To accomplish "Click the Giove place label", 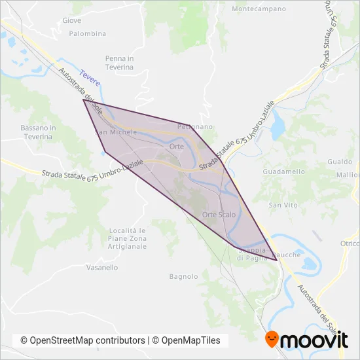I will pyautogui.click(x=71, y=20).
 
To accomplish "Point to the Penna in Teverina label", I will pyautogui.click(x=119, y=62).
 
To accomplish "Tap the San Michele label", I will pyautogui.click(x=116, y=132).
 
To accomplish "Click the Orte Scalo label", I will pyautogui.click(x=219, y=215).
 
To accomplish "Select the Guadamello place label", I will pyautogui.click(x=283, y=171).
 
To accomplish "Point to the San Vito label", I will pyautogui.click(x=283, y=206).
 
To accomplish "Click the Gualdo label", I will pyautogui.click(x=340, y=162).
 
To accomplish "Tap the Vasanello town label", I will pyautogui.click(x=101, y=268).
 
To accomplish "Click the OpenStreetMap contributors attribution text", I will pyautogui.click(x=82, y=340).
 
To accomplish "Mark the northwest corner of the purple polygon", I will pyautogui.click(x=83, y=99).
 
